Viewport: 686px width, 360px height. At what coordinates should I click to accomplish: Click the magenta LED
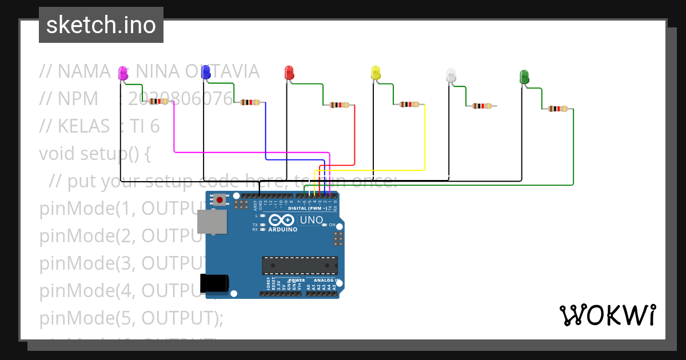tap(123, 73)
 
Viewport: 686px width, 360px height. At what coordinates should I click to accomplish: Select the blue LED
tap(206, 72)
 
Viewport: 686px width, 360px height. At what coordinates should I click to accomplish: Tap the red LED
tap(289, 73)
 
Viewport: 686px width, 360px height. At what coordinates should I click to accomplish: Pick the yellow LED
tap(376, 73)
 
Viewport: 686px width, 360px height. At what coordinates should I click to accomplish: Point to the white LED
tap(451, 75)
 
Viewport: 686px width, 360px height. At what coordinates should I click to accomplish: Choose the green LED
tap(524, 77)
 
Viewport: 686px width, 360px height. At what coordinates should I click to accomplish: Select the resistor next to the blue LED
tap(250, 102)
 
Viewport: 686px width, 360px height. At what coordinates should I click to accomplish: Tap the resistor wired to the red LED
tap(339, 105)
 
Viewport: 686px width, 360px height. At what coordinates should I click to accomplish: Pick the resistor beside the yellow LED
tap(409, 105)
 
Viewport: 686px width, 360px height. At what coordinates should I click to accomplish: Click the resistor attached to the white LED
tap(481, 106)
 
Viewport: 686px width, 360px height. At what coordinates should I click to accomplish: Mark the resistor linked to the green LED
tap(557, 109)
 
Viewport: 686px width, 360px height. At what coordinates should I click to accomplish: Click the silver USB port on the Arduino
tap(212, 221)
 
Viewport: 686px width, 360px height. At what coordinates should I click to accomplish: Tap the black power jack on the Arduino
tap(214, 283)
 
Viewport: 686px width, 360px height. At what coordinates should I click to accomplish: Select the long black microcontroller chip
tap(300, 266)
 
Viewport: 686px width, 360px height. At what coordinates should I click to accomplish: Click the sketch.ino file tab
tap(101, 25)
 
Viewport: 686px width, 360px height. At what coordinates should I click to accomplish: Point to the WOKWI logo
tap(607, 315)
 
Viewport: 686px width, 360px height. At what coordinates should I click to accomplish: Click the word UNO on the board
tap(312, 220)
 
